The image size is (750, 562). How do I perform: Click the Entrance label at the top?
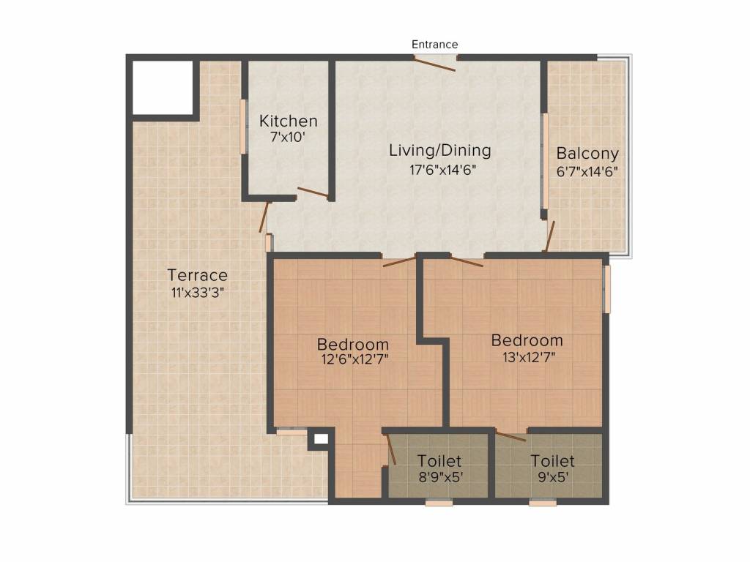(x=434, y=45)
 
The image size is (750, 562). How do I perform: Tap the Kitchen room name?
(x=289, y=121)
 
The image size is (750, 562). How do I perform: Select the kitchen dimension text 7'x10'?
(x=289, y=137)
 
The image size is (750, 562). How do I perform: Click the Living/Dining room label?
(x=439, y=151)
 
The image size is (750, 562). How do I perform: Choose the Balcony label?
(x=587, y=154)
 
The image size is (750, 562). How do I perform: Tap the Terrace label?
(x=198, y=275)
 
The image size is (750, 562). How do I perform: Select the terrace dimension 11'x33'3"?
(x=198, y=292)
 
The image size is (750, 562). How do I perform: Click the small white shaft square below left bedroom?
(x=319, y=439)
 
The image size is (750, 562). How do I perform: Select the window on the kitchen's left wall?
(x=243, y=126)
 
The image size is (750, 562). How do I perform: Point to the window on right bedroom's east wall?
(x=606, y=290)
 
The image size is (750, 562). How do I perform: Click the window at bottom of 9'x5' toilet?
(x=543, y=503)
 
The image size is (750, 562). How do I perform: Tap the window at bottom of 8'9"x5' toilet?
(x=439, y=503)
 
